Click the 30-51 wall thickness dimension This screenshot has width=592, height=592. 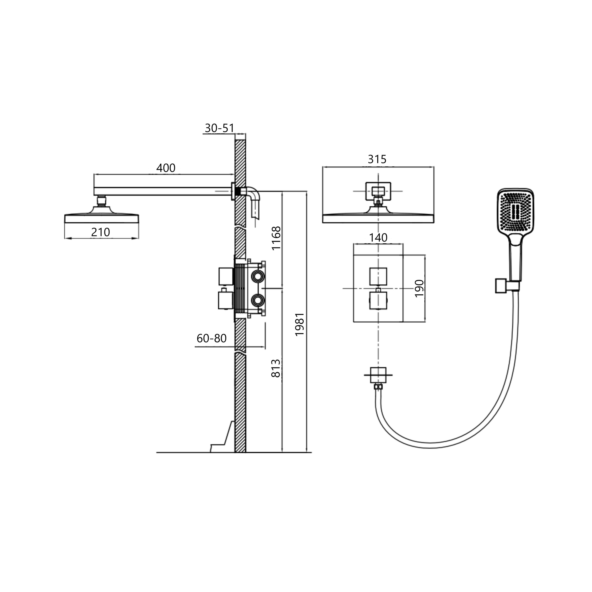pos(219,128)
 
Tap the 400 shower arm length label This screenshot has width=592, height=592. pos(166,168)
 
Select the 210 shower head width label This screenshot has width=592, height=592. pos(100,232)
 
